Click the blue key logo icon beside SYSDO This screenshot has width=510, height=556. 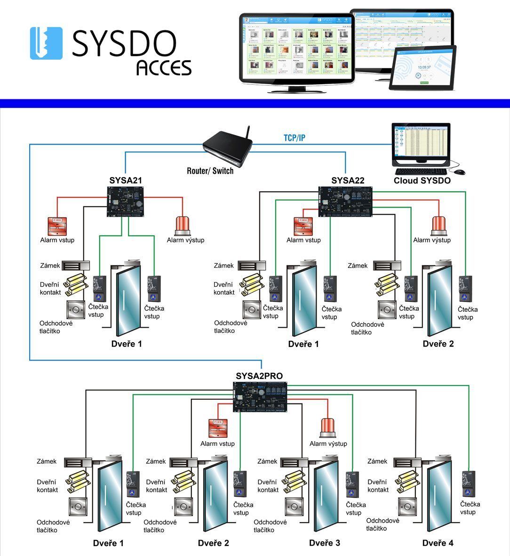(46, 43)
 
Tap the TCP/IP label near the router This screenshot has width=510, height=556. (295, 137)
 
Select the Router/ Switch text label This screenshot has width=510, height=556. (210, 170)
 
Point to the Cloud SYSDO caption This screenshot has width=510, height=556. (422, 181)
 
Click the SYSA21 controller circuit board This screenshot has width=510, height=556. (125, 201)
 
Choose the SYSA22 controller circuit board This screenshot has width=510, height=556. (345, 201)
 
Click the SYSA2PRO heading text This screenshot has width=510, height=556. (259, 376)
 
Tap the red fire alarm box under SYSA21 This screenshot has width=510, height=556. (57, 226)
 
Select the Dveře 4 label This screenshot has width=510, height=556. (438, 543)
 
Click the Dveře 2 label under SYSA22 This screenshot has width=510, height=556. (438, 344)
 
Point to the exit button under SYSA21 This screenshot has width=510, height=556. (75, 309)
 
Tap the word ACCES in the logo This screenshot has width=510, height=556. (164, 68)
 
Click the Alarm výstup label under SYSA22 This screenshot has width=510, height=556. (432, 240)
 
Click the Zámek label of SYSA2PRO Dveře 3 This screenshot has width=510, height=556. (267, 461)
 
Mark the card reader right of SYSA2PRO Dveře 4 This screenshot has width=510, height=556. (468, 484)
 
